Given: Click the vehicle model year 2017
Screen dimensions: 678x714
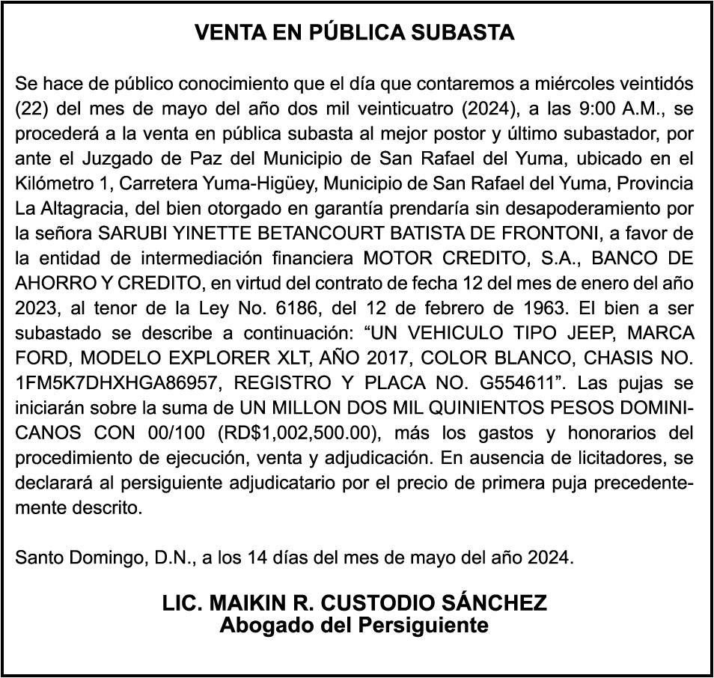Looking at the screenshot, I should pos(339,359).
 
